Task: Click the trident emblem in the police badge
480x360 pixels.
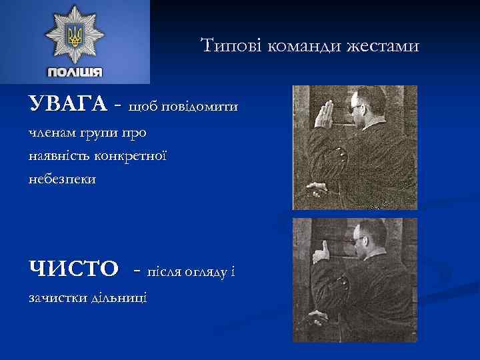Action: tap(74, 35)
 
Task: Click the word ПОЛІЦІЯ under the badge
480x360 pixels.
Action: tap(75, 72)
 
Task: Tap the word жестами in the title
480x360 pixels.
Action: tap(386, 46)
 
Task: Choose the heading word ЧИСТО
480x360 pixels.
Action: tap(73, 270)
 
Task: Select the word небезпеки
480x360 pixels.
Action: tap(62, 179)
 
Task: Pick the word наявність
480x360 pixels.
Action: tap(59, 156)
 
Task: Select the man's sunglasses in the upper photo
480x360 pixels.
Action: tap(359, 107)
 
